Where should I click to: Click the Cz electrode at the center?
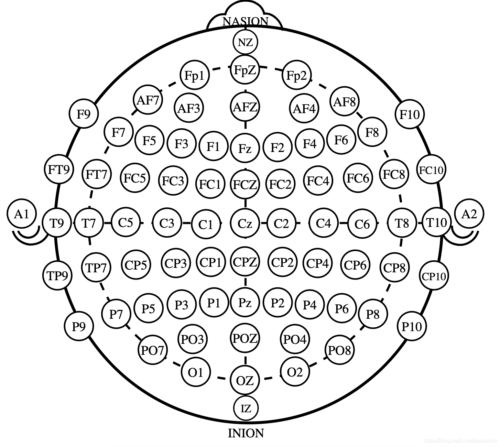(x=245, y=223)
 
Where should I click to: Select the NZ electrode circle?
(x=245, y=43)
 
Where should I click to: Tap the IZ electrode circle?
(x=246, y=408)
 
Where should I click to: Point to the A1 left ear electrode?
(x=22, y=215)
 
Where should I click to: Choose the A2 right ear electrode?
(x=469, y=214)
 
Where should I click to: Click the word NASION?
(x=245, y=21)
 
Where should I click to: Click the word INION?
(x=246, y=433)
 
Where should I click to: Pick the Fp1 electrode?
(x=195, y=75)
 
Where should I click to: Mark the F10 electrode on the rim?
(x=409, y=114)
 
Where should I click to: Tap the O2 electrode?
(x=295, y=372)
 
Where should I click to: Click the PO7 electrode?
(x=153, y=350)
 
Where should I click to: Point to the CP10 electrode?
(x=434, y=276)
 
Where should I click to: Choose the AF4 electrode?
(x=304, y=109)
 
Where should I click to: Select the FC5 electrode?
(x=135, y=178)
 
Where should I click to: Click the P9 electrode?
(x=79, y=326)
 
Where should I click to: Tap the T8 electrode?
(x=402, y=223)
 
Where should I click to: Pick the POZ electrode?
(x=245, y=339)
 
